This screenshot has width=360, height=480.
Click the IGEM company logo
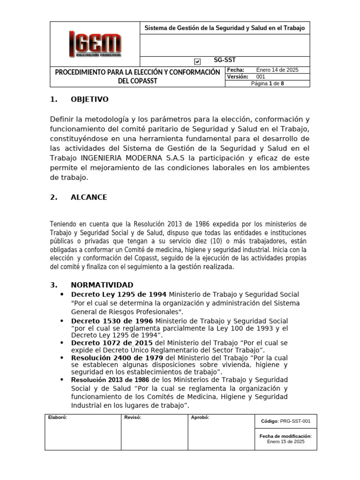(x=95, y=44)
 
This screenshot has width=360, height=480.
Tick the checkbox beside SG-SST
(x=197, y=61)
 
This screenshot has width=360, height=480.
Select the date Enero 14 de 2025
(x=277, y=70)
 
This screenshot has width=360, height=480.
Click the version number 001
(x=261, y=77)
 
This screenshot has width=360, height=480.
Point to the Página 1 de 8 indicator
(x=267, y=83)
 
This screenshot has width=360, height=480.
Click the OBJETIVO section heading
(x=89, y=99)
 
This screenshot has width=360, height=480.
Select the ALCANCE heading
(x=89, y=197)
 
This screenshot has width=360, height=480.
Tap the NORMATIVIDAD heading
(x=102, y=285)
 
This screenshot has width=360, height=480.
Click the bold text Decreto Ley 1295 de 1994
(x=119, y=294)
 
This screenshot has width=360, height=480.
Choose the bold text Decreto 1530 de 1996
(x=112, y=321)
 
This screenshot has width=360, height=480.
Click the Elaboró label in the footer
(x=58, y=418)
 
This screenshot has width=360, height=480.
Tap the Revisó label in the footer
(x=133, y=418)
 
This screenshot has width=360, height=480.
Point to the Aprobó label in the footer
(x=200, y=418)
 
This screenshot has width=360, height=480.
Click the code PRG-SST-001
(x=295, y=421)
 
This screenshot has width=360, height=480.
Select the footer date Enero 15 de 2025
(x=285, y=442)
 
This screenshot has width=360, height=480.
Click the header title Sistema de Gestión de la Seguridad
(x=224, y=28)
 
